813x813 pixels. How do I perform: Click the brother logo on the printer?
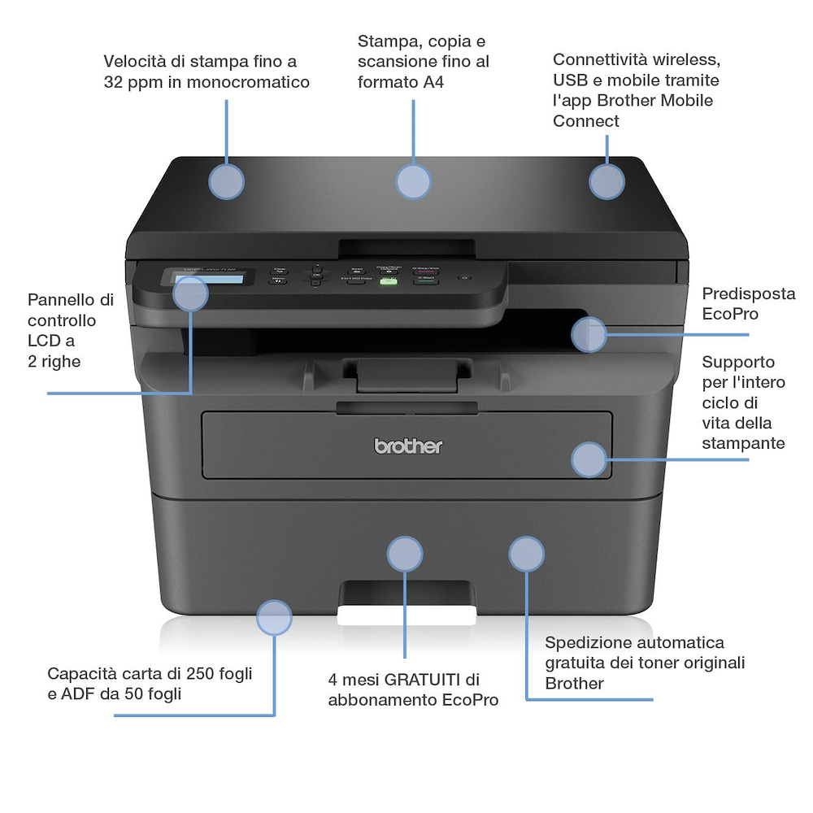point(408,446)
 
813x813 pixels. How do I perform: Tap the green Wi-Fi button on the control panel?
point(389,280)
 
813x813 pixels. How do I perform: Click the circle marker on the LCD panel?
point(191,293)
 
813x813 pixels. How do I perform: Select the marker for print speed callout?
point(227,182)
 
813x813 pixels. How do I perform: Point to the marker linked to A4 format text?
point(413,182)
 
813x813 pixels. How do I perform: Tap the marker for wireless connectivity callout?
point(606,182)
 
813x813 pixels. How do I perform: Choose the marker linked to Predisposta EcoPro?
point(589,335)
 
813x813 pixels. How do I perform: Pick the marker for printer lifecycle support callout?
point(589,459)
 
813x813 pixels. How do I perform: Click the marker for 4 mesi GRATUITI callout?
point(405,554)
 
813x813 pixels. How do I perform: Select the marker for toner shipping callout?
point(526,554)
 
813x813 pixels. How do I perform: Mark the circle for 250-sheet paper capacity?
point(274,618)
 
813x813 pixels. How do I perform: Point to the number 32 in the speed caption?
point(113,82)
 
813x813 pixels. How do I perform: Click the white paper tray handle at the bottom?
point(406,615)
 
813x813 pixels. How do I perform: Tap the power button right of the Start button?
point(464,278)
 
